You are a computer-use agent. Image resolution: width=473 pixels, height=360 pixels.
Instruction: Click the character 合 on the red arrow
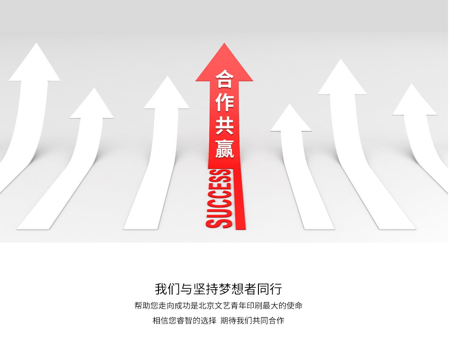point(225,79)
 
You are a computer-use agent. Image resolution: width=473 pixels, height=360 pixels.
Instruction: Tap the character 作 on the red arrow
point(225,102)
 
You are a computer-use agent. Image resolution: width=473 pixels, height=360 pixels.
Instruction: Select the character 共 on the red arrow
point(225,125)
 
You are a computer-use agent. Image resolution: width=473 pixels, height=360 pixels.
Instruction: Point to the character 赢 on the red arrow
point(225,148)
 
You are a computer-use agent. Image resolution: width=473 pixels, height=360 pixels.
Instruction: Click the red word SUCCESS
point(219,199)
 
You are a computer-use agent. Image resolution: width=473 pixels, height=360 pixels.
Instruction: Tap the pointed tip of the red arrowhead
point(224,43)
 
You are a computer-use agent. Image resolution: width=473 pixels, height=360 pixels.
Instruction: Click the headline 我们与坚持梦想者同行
point(218,289)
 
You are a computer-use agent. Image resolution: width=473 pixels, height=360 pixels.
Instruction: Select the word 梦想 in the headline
point(231,289)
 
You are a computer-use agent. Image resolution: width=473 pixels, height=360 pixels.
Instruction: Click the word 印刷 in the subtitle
point(254,305)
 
